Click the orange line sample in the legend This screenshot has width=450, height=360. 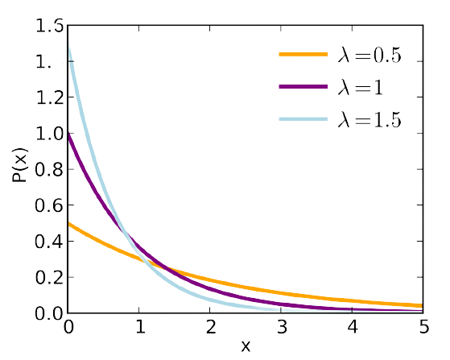pyautogui.click(x=303, y=55)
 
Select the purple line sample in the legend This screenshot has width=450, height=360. pyautogui.click(x=303, y=87)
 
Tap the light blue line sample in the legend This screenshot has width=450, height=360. pyautogui.click(x=303, y=120)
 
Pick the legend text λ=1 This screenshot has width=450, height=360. pyautogui.click(x=363, y=87)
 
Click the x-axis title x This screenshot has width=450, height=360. pyautogui.click(x=246, y=346)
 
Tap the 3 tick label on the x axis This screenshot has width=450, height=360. pyautogui.click(x=282, y=328)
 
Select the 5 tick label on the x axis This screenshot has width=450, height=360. pyautogui.click(x=423, y=328)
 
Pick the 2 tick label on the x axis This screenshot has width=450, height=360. pyautogui.click(x=211, y=328)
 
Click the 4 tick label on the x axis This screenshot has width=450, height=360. pyautogui.click(x=353, y=328)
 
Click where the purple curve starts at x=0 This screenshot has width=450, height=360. pyautogui.click(x=70, y=134)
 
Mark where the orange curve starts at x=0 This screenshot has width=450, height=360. pyautogui.click(x=70, y=224)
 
